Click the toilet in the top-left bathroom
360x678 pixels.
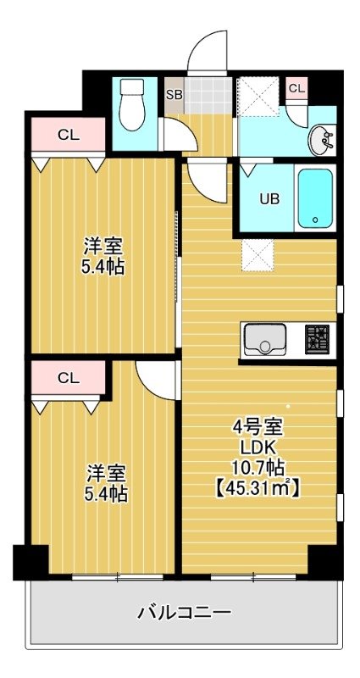[132, 104]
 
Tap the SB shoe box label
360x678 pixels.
[174, 95]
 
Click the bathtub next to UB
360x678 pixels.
[315, 198]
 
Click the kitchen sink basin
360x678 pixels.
[265, 340]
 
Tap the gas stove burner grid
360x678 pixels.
[317, 340]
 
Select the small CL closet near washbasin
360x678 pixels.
[297, 89]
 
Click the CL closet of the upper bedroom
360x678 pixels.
[69, 135]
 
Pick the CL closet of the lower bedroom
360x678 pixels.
[69, 378]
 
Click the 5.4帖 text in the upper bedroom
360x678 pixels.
[103, 268]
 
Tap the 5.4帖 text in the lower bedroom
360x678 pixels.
[106, 494]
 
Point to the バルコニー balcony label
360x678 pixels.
[184, 612]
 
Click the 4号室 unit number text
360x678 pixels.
[258, 428]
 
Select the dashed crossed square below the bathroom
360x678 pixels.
[258, 255]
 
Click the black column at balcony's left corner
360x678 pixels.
[30, 562]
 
